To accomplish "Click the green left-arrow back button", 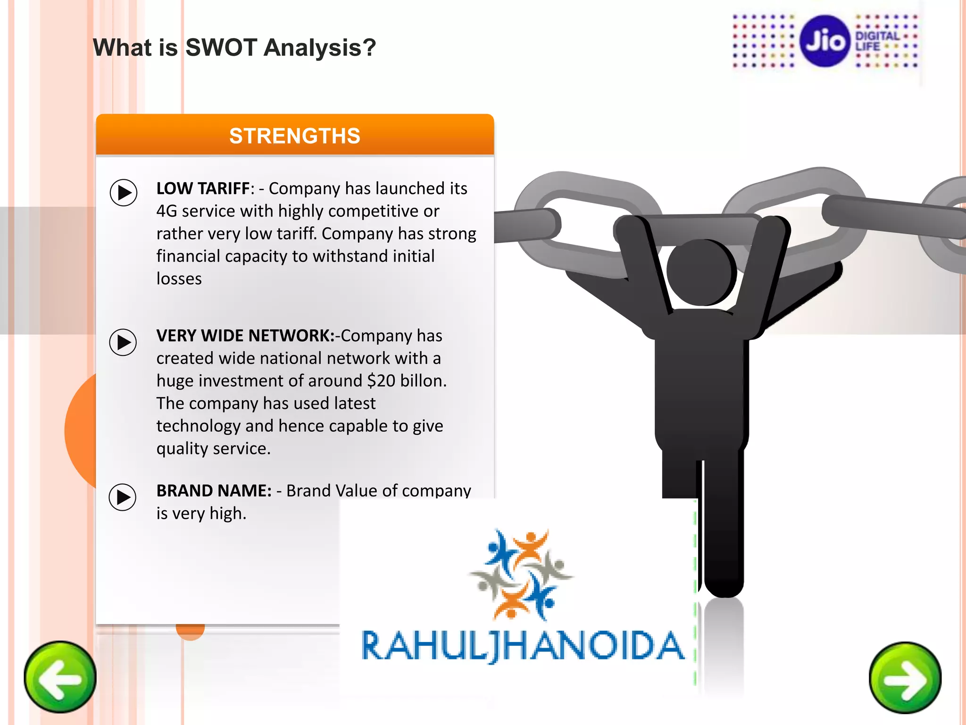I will pyautogui.click(x=60, y=677).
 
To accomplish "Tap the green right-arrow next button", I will pyautogui.click(x=905, y=678).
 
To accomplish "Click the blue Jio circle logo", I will pyautogui.click(x=825, y=41).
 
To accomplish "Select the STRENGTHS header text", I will pyautogui.click(x=295, y=136).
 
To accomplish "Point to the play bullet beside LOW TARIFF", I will pyautogui.click(x=124, y=193).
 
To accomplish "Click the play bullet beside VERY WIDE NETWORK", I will pyautogui.click(x=123, y=342).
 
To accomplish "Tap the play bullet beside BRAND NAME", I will pyautogui.click(x=123, y=497).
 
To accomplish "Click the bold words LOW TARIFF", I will pyautogui.click(x=203, y=188).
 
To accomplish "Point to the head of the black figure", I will pyautogui.click(x=701, y=272).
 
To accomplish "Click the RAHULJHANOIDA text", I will pyautogui.click(x=523, y=646).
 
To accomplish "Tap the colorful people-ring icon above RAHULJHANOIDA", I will pyautogui.click(x=521, y=573).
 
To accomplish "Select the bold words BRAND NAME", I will pyautogui.click(x=214, y=491).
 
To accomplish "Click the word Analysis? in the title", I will pyautogui.click(x=320, y=48).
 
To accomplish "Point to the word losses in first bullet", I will pyautogui.click(x=179, y=279).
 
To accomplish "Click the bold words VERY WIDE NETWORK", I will pyautogui.click(x=245, y=336).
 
